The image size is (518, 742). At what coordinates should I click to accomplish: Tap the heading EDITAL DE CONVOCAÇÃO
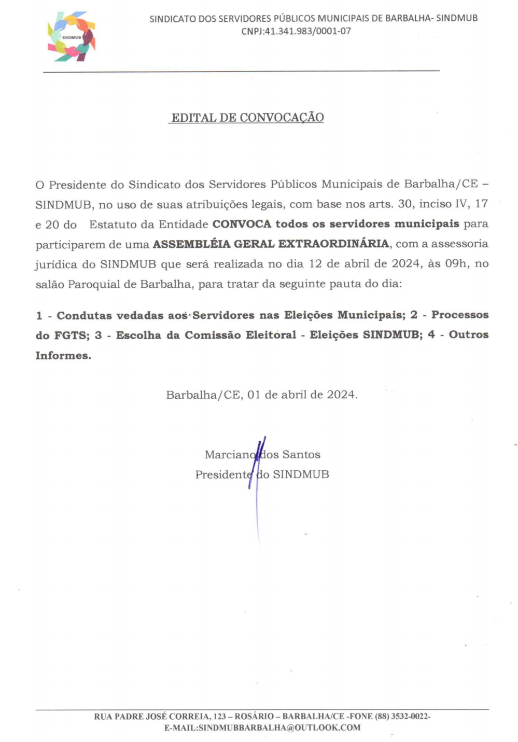coord(247,118)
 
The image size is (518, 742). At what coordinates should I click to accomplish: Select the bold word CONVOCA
coord(242,224)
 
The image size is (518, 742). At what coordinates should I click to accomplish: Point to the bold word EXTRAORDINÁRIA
coord(333,244)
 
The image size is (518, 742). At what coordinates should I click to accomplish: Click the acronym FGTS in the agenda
coord(72,335)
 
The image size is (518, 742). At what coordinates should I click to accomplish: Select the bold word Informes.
coord(63,356)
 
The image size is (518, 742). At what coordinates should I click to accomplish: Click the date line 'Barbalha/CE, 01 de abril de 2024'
coord(261,395)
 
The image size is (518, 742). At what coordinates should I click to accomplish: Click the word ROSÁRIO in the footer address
coord(254,716)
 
